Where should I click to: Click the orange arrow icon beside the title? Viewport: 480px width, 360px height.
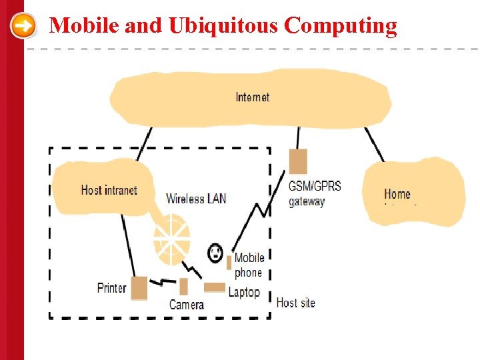[24, 27]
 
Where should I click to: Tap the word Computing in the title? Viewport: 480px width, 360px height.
[340, 27]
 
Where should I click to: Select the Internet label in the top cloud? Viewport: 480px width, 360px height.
[253, 97]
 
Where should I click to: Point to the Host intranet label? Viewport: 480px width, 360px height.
[109, 190]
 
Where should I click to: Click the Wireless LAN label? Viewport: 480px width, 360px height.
[196, 198]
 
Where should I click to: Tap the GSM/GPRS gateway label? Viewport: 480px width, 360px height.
[314, 193]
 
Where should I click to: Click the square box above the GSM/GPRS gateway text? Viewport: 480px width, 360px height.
[298, 161]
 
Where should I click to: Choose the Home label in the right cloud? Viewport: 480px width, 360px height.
[397, 194]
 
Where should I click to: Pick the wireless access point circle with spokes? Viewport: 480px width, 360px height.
[172, 237]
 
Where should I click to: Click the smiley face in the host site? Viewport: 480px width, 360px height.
[215, 253]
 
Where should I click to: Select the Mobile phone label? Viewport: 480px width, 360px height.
[249, 265]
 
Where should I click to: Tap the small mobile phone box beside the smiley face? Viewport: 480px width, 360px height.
[229, 262]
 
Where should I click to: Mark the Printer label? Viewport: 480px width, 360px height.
[111, 288]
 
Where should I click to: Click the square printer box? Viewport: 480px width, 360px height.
[139, 288]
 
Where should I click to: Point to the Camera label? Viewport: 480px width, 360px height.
[187, 305]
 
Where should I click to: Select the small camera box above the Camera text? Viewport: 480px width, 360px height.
[184, 286]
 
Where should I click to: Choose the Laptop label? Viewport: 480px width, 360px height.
[244, 292]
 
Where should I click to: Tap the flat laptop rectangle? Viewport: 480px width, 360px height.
[215, 287]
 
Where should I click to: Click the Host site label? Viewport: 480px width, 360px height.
[295, 303]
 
